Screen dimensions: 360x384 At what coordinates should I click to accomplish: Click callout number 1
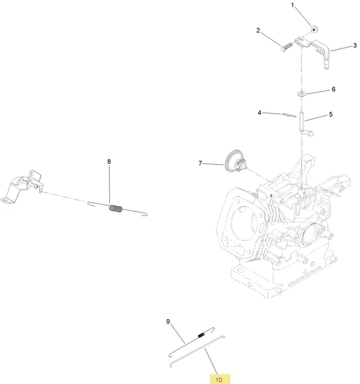click(292, 5)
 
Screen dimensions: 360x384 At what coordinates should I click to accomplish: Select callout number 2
click(258, 30)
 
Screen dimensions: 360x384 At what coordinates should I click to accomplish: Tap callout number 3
click(355, 45)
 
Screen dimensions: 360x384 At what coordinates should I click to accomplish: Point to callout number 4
click(260, 113)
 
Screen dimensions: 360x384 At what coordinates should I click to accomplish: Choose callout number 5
click(331, 114)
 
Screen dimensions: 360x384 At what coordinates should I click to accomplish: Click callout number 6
click(334, 89)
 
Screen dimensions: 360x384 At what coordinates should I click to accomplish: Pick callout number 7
click(200, 163)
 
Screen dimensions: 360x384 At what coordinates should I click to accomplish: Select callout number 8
click(109, 161)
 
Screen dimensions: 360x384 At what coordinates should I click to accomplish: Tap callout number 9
click(168, 322)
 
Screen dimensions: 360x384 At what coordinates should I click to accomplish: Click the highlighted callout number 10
click(219, 379)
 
